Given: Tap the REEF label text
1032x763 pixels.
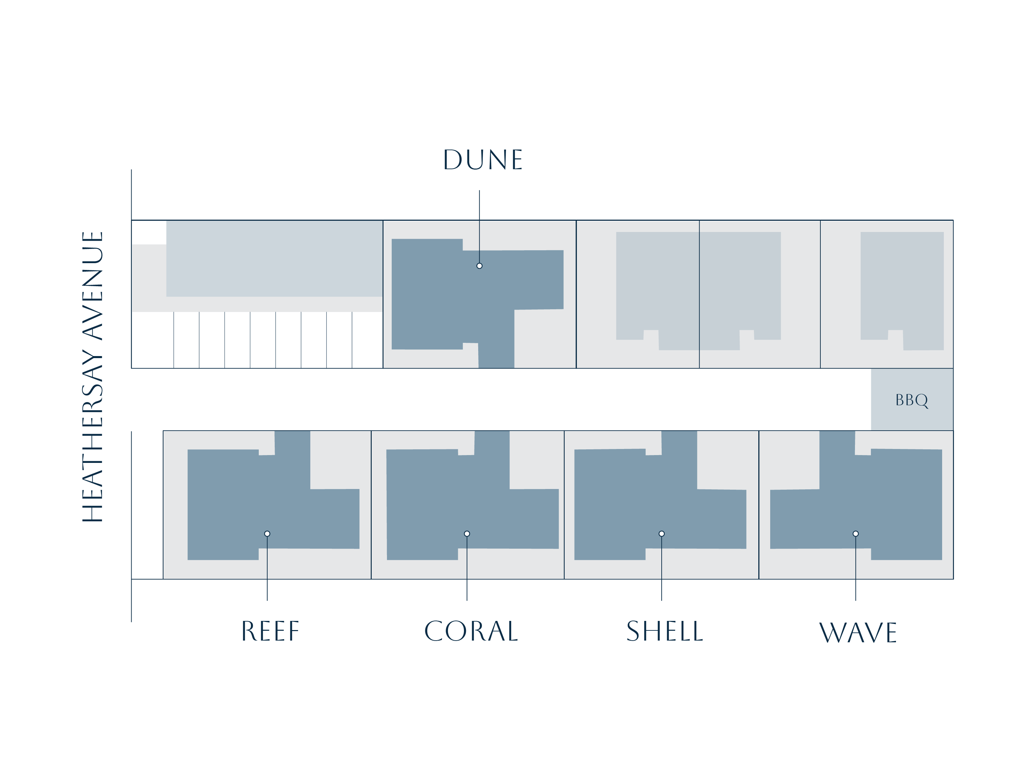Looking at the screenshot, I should click(270, 631).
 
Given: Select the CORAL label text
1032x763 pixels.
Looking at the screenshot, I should click(471, 631).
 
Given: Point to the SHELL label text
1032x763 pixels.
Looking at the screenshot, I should click(664, 631).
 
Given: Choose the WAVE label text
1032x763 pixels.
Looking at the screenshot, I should click(857, 633).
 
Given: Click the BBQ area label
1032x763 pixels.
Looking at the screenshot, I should click(911, 400).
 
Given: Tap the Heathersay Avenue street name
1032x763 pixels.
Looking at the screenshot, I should click(92, 376).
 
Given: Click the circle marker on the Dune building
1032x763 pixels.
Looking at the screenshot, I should click(480, 266).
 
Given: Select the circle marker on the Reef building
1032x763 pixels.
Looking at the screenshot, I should click(267, 534).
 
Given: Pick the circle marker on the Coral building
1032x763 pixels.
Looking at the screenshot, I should click(467, 534).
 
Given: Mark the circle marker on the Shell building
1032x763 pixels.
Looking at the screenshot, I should click(662, 534).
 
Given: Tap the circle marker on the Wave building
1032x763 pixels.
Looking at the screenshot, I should click(856, 534).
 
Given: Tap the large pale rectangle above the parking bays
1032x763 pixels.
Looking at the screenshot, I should click(274, 259).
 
